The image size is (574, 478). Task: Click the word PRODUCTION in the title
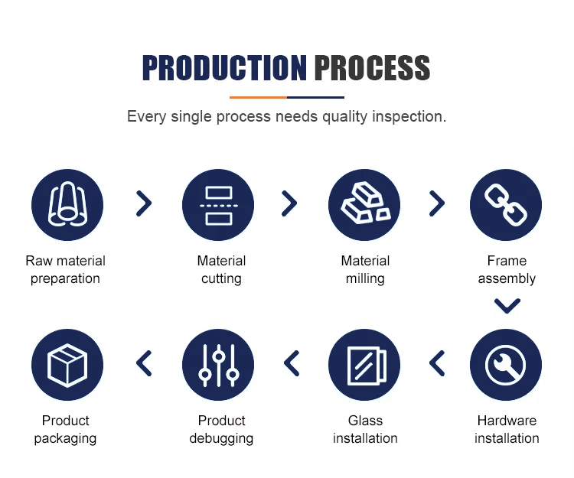pos(224,68)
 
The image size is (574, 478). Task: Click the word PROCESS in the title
pos(372,68)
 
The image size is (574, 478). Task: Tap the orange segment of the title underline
pos(258,97)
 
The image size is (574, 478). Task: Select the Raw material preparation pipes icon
pos(67,205)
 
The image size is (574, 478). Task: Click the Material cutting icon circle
pos(218,205)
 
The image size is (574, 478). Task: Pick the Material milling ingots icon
pos(364,205)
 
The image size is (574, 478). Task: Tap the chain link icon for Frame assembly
pos(506,205)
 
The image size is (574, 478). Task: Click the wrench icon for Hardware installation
pos(506,365)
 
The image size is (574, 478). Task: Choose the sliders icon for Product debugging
pos(218,365)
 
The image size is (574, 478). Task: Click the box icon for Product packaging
pos(67,365)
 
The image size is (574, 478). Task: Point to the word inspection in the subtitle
pos(409,117)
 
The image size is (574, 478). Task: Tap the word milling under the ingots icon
pos(365,278)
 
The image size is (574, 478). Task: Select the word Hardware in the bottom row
pos(507,421)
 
